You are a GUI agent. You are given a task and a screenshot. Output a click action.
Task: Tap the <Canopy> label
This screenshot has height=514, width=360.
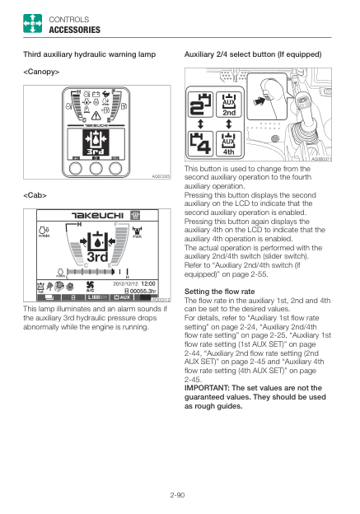pos(42,72)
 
